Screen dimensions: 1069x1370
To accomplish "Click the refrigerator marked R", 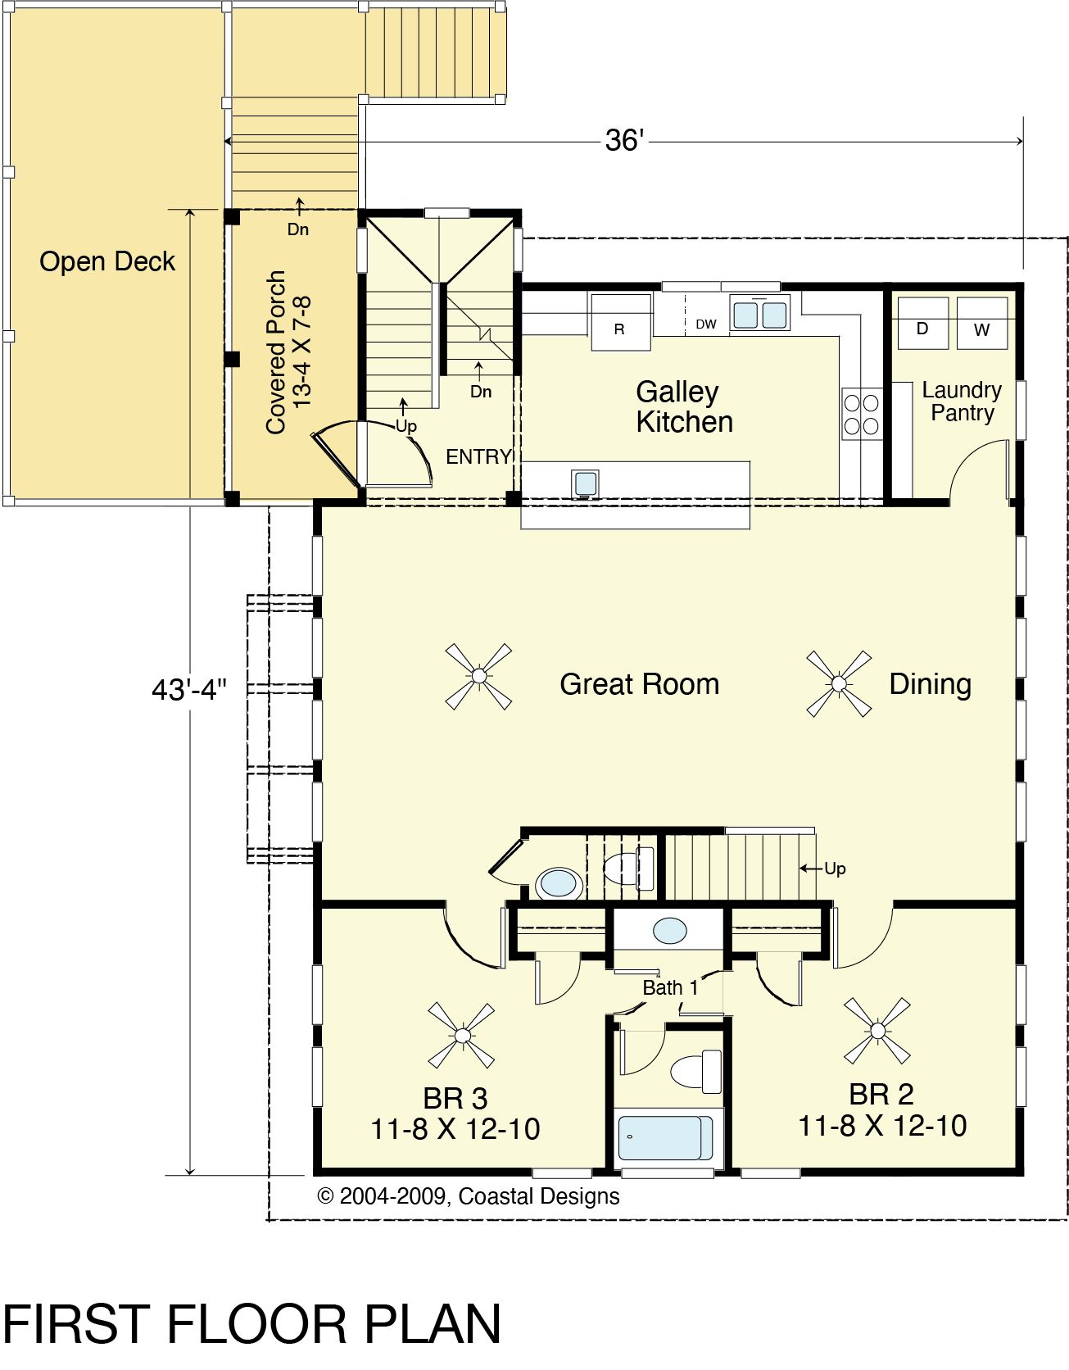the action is click(621, 322).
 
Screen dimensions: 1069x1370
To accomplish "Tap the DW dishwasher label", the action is click(706, 324).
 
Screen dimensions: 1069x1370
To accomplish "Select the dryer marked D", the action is click(922, 323).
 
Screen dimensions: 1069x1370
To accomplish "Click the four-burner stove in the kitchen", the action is click(862, 413).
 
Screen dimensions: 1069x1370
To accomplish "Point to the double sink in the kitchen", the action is click(760, 314).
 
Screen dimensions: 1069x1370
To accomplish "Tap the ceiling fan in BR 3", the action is click(462, 1036).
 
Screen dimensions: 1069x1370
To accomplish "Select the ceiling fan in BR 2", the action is click(877, 1031).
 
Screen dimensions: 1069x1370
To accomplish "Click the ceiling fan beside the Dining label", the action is click(839, 683).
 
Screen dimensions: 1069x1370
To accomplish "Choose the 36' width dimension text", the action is click(625, 141).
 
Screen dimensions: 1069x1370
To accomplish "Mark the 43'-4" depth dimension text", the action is click(189, 690).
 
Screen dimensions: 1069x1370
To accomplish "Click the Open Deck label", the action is click(107, 261).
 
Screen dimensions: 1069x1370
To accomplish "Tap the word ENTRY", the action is click(478, 457).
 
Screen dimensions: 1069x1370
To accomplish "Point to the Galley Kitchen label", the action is click(684, 407).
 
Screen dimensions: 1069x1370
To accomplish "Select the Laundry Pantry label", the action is click(963, 401).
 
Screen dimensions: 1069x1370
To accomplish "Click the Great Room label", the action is click(640, 684).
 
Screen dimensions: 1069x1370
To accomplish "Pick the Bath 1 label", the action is click(670, 988).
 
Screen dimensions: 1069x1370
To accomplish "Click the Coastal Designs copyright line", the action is click(469, 1196).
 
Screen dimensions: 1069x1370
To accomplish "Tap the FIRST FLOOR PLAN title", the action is click(252, 1324).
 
